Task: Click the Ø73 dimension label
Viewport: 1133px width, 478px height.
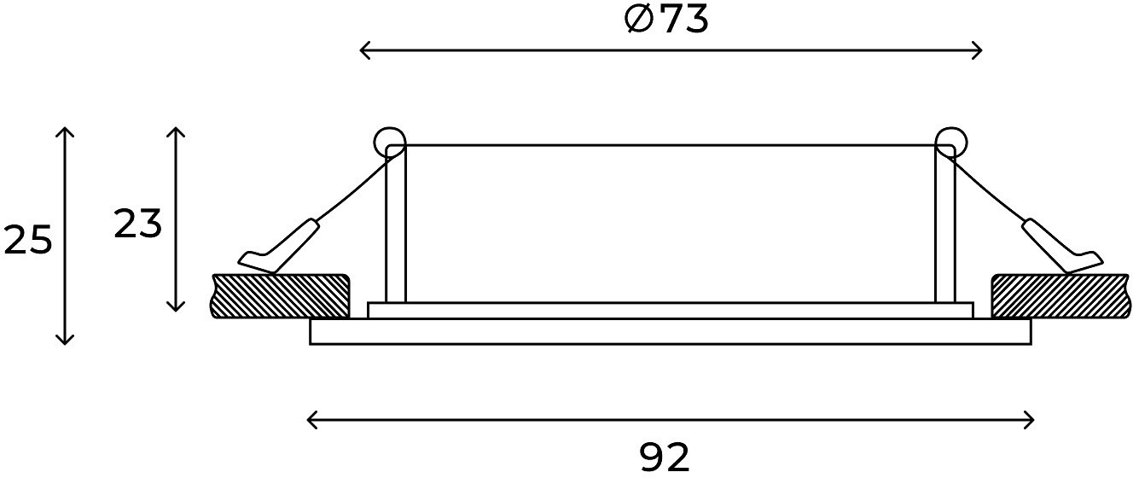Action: point(666,20)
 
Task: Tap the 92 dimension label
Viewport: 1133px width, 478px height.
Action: point(664,458)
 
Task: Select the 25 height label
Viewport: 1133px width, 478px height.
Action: point(28,240)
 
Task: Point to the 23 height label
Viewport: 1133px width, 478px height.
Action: point(137,224)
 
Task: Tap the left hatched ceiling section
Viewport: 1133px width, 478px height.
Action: point(280,296)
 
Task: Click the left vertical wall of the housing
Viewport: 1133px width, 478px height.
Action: point(396,225)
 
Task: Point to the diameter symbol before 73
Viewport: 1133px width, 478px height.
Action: point(639,20)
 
